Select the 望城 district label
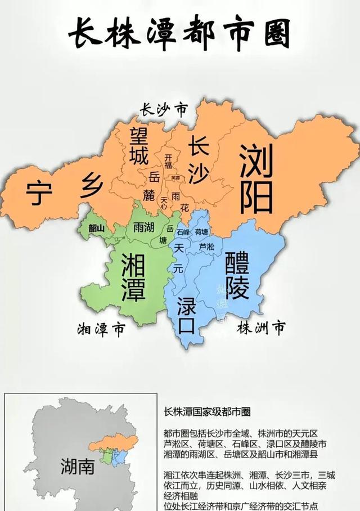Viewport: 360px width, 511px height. [140, 146]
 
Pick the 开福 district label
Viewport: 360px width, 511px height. [168, 162]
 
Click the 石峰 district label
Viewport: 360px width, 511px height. [183, 232]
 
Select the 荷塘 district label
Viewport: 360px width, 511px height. [201, 232]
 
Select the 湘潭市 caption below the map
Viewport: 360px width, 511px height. [102, 329]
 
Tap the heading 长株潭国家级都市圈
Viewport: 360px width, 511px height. [206, 411]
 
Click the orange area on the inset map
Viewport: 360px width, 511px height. [118, 443]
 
